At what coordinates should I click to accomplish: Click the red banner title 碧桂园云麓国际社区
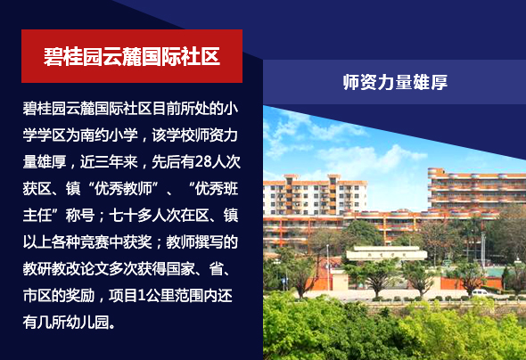click(132, 56)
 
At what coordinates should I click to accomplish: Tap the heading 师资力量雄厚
click(395, 82)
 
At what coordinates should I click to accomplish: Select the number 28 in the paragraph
click(203, 162)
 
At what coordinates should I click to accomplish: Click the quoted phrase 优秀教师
click(123, 189)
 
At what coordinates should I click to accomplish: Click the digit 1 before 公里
click(142, 296)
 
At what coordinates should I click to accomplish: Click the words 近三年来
click(109, 162)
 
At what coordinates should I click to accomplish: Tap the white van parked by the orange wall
click(483, 292)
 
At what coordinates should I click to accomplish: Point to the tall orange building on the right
click(476, 191)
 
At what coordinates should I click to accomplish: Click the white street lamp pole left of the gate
click(328, 268)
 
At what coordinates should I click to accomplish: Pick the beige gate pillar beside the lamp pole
click(340, 282)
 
